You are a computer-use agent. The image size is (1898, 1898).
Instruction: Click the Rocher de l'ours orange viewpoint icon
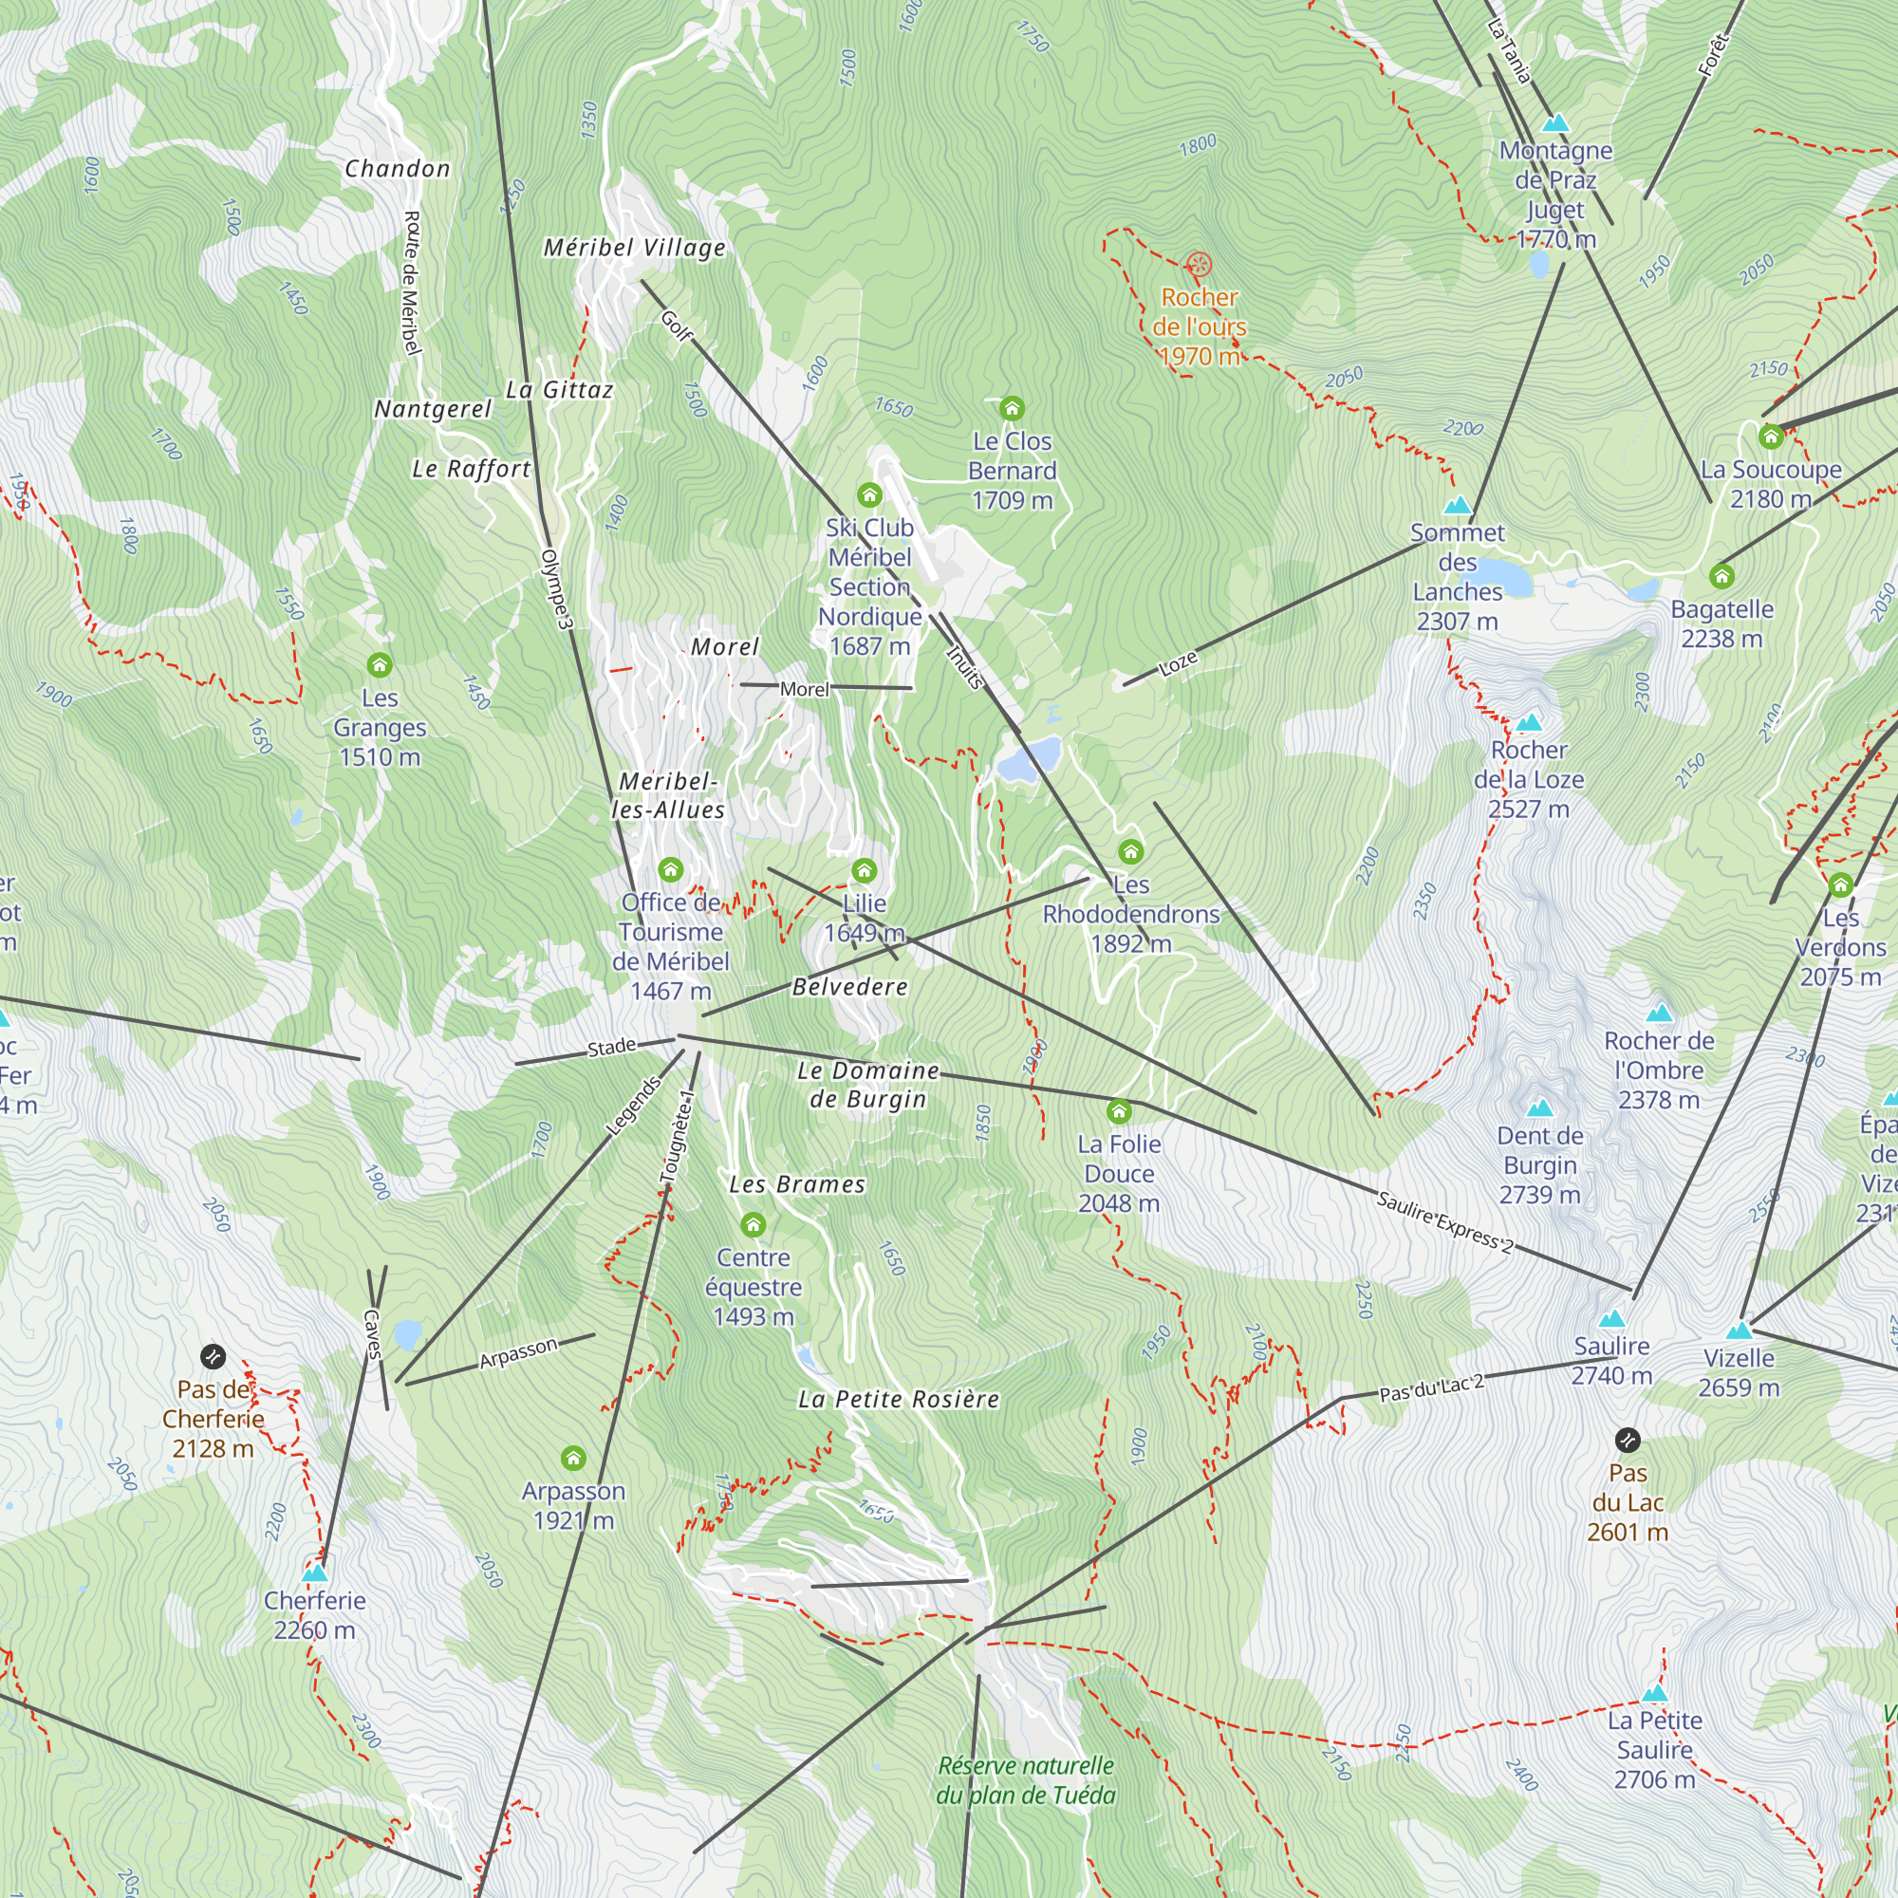click(1198, 264)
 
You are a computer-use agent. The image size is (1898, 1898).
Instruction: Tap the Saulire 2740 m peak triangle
click(1611, 1319)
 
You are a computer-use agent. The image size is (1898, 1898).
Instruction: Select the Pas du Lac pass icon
click(1627, 1441)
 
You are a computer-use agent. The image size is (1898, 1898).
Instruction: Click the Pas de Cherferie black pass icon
click(214, 1358)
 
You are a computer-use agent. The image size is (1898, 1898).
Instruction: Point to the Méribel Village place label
click(635, 248)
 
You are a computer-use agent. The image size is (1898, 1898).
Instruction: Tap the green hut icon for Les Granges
click(380, 665)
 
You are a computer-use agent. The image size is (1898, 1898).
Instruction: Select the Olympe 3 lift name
click(555, 589)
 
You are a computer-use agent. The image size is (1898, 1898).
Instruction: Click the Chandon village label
click(397, 169)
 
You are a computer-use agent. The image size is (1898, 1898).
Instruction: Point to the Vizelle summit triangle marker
click(1739, 1331)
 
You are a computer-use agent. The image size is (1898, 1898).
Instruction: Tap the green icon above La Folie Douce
click(1119, 1112)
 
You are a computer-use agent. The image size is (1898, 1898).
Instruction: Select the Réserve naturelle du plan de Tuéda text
click(1026, 1780)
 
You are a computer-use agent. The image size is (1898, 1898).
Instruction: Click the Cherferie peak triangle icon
click(314, 1572)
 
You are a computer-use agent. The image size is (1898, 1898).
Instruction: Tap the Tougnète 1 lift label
click(677, 1137)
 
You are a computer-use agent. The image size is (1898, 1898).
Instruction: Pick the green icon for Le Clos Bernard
click(1012, 408)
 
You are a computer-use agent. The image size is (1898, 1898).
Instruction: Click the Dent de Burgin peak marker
click(1539, 1108)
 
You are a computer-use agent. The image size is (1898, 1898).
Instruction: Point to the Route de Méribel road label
click(412, 283)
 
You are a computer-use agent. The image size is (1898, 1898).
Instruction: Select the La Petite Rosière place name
click(898, 1399)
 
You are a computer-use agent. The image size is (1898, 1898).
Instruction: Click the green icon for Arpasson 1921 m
click(573, 1458)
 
